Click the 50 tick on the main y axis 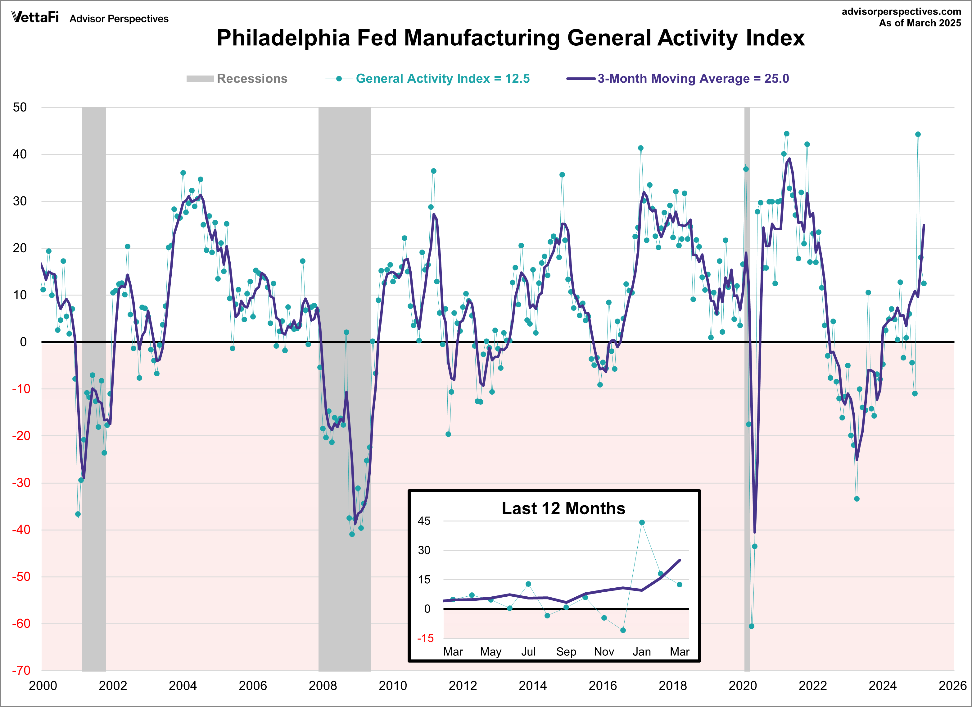[20, 107]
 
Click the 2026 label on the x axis [952, 686]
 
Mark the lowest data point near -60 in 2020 [751, 626]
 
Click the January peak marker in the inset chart [642, 522]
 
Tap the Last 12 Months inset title [563, 508]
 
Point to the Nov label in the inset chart [604, 652]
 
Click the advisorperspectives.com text [901, 11]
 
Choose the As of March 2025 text [920, 23]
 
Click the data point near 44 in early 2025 [918, 134]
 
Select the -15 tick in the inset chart [426, 638]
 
